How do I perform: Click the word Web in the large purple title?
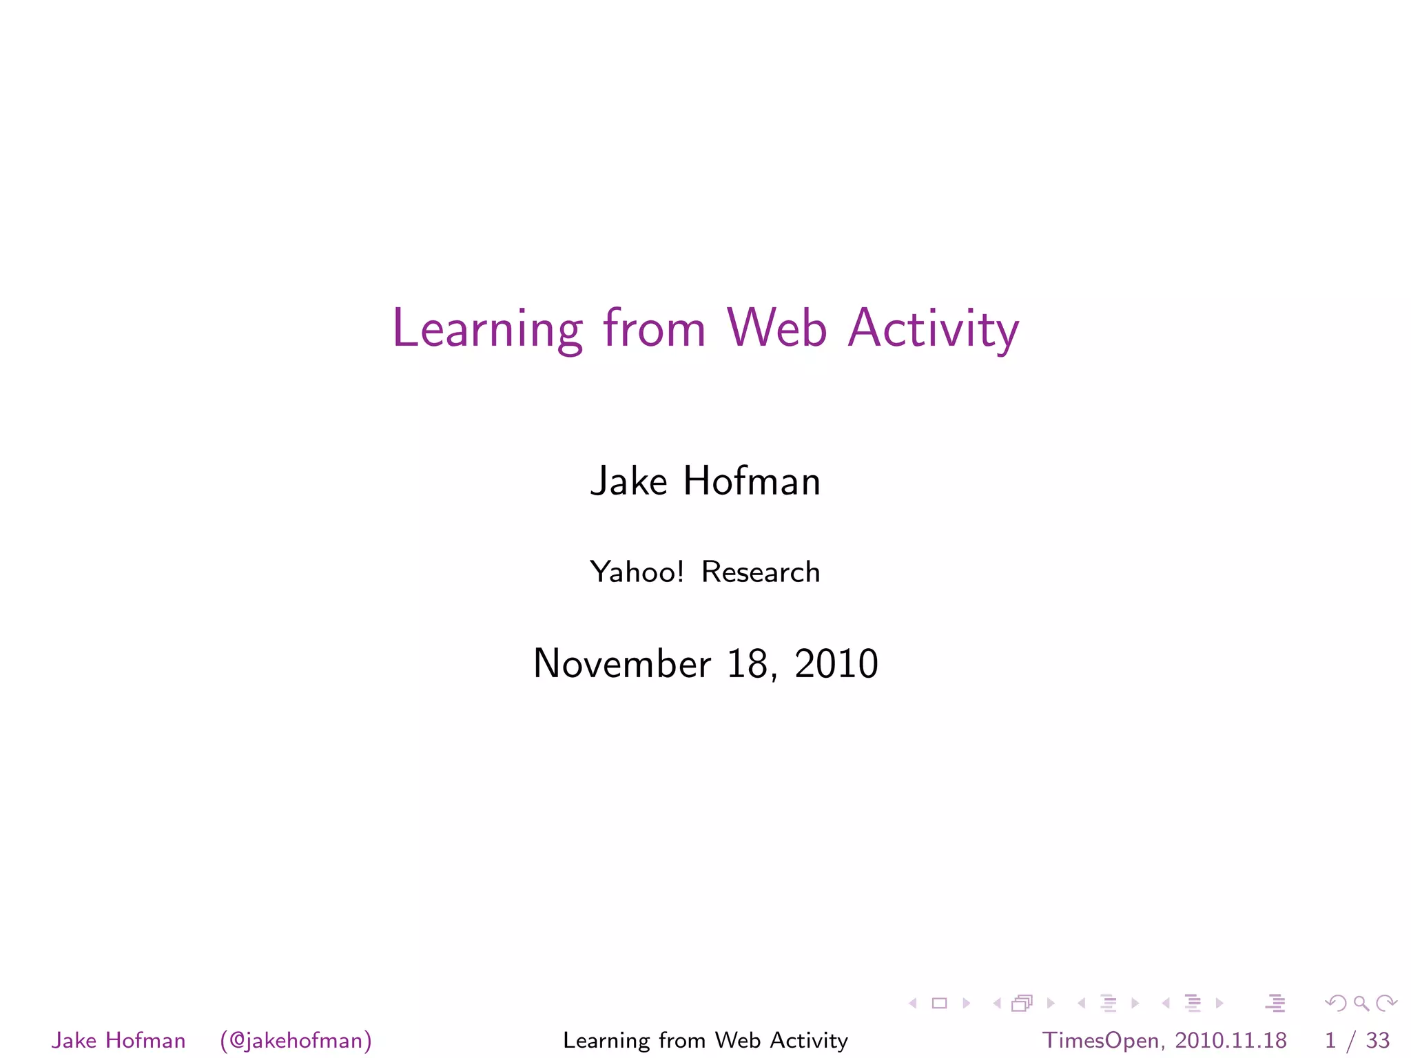(x=776, y=329)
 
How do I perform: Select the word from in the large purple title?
(x=655, y=329)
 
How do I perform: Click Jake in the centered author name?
(x=629, y=481)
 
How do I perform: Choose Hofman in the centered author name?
(x=752, y=481)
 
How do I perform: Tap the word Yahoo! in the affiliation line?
(x=637, y=572)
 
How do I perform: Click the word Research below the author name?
(x=761, y=572)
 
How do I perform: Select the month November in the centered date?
(x=621, y=663)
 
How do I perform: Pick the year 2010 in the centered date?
(x=836, y=663)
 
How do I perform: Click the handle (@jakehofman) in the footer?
(x=296, y=1039)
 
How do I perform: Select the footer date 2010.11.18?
(x=1230, y=1039)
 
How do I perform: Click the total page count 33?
(x=1377, y=1039)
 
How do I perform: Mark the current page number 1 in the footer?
(x=1330, y=1039)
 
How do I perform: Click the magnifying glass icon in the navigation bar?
(x=1361, y=1004)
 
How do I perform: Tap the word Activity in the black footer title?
(x=809, y=1040)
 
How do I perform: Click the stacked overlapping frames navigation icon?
(x=1022, y=1004)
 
